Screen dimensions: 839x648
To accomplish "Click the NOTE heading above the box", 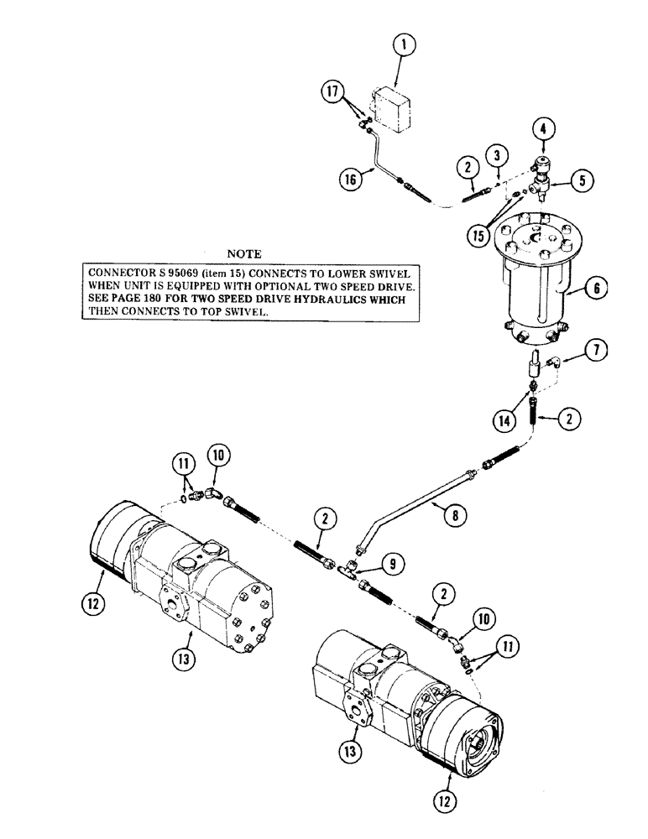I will click(244, 253).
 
